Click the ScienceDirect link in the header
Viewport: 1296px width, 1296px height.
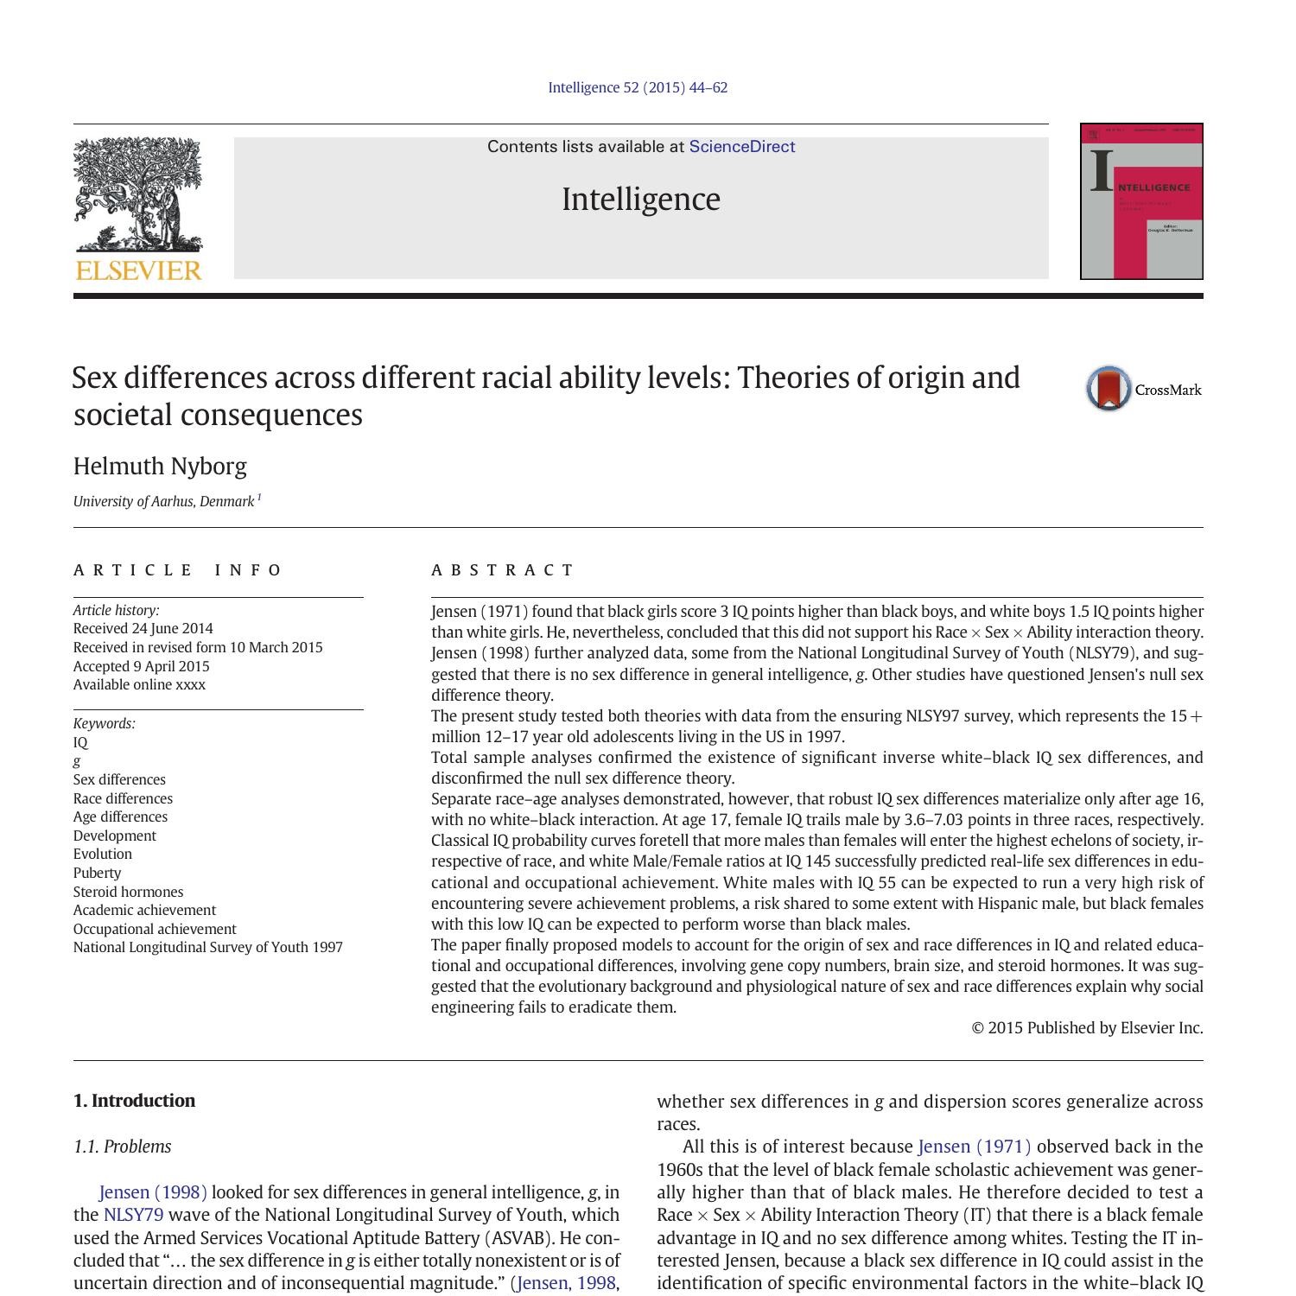[741, 147]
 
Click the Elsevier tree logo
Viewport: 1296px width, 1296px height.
[138, 194]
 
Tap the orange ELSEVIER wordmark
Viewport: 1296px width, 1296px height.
[138, 271]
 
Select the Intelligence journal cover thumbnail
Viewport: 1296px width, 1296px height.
[1140, 201]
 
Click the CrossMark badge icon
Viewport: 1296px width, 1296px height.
[1109, 389]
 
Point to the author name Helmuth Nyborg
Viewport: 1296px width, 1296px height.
[160, 467]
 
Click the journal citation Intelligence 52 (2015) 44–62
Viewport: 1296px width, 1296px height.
[638, 88]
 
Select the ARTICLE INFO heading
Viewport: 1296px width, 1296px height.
[178, 570]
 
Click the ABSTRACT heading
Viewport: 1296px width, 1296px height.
[503, 570]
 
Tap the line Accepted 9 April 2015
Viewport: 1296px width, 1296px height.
[141, 666]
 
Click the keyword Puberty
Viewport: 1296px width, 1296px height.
[97, 873]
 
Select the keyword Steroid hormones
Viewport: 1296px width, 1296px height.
[128, 892]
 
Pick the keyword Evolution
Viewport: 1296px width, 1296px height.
[102, 854]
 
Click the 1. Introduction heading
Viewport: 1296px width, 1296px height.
[134, 1101]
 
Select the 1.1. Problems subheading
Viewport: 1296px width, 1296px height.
[122, 1147]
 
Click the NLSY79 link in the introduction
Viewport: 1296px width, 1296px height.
[133, 1215]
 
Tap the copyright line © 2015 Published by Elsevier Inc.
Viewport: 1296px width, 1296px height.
[1087, 1028]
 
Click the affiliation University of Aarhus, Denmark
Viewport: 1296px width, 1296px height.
[163, 502]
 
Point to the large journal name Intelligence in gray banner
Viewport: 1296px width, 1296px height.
[640, 200]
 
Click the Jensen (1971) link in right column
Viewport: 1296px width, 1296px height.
[974, 1147]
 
